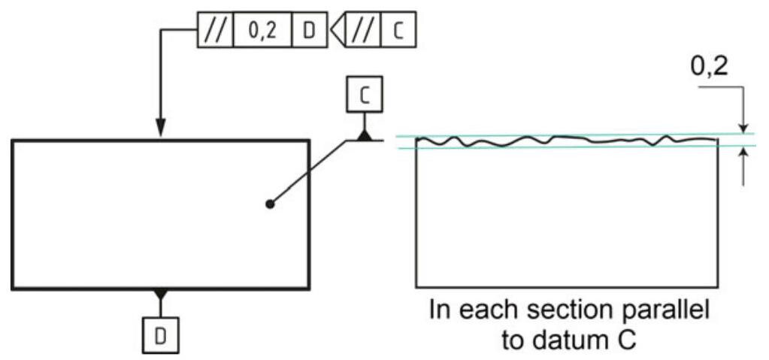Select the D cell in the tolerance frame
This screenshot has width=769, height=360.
coord(309,31)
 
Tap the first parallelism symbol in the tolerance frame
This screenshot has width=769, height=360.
coord(215,31)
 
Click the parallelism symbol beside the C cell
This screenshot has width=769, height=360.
coord(364,31)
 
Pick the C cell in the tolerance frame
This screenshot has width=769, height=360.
coord(398,31)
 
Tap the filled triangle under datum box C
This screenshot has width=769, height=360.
coord(365,135)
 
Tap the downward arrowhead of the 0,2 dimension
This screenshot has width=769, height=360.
coord(743,128)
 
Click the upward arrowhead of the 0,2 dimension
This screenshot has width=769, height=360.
coord(743,153)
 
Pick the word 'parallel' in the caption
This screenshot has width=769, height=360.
coord(665,311)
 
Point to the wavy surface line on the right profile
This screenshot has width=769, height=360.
coord(564,141)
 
